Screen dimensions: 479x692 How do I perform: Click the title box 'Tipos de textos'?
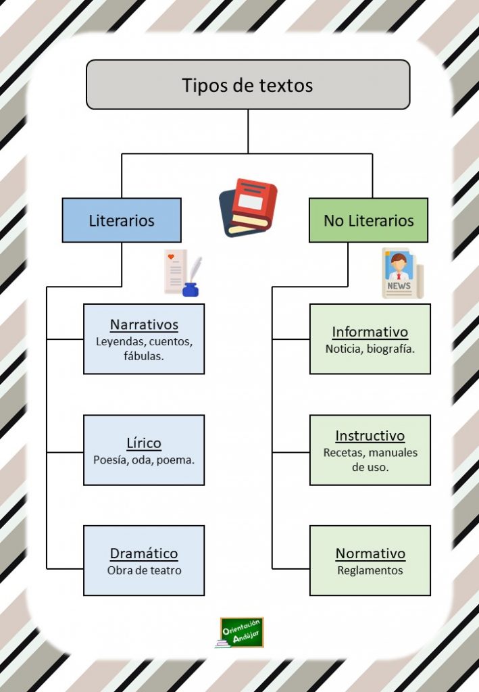(x=248, y=84)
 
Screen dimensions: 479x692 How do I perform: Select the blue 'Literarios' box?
(x=122, y=220)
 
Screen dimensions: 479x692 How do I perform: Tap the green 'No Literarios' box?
(x=368, y=220)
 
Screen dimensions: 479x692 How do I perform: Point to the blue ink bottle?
(x=190, y=289)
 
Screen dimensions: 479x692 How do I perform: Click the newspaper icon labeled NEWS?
(x=402, y=273)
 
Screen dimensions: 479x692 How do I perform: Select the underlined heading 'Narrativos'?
(x=144, y=324)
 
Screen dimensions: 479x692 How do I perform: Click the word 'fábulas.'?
(x=144, y=355)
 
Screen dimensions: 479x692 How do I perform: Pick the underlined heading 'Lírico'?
(x=144, y=443)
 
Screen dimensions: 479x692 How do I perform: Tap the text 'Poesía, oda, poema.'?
(x=144, y=460)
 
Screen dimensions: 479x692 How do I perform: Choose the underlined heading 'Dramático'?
(x=144, y=553)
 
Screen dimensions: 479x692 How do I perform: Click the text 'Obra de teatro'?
(x=144, y=570)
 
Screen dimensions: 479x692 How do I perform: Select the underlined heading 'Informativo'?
(x=370, y=331)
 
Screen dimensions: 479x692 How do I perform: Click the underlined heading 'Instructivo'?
(x=370, y=436)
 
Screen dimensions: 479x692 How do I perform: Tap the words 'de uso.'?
(x=370, y=467)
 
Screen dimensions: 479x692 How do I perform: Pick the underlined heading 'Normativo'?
(x=370, y=553)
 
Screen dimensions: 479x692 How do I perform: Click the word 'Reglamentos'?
(x=370, y=570)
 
